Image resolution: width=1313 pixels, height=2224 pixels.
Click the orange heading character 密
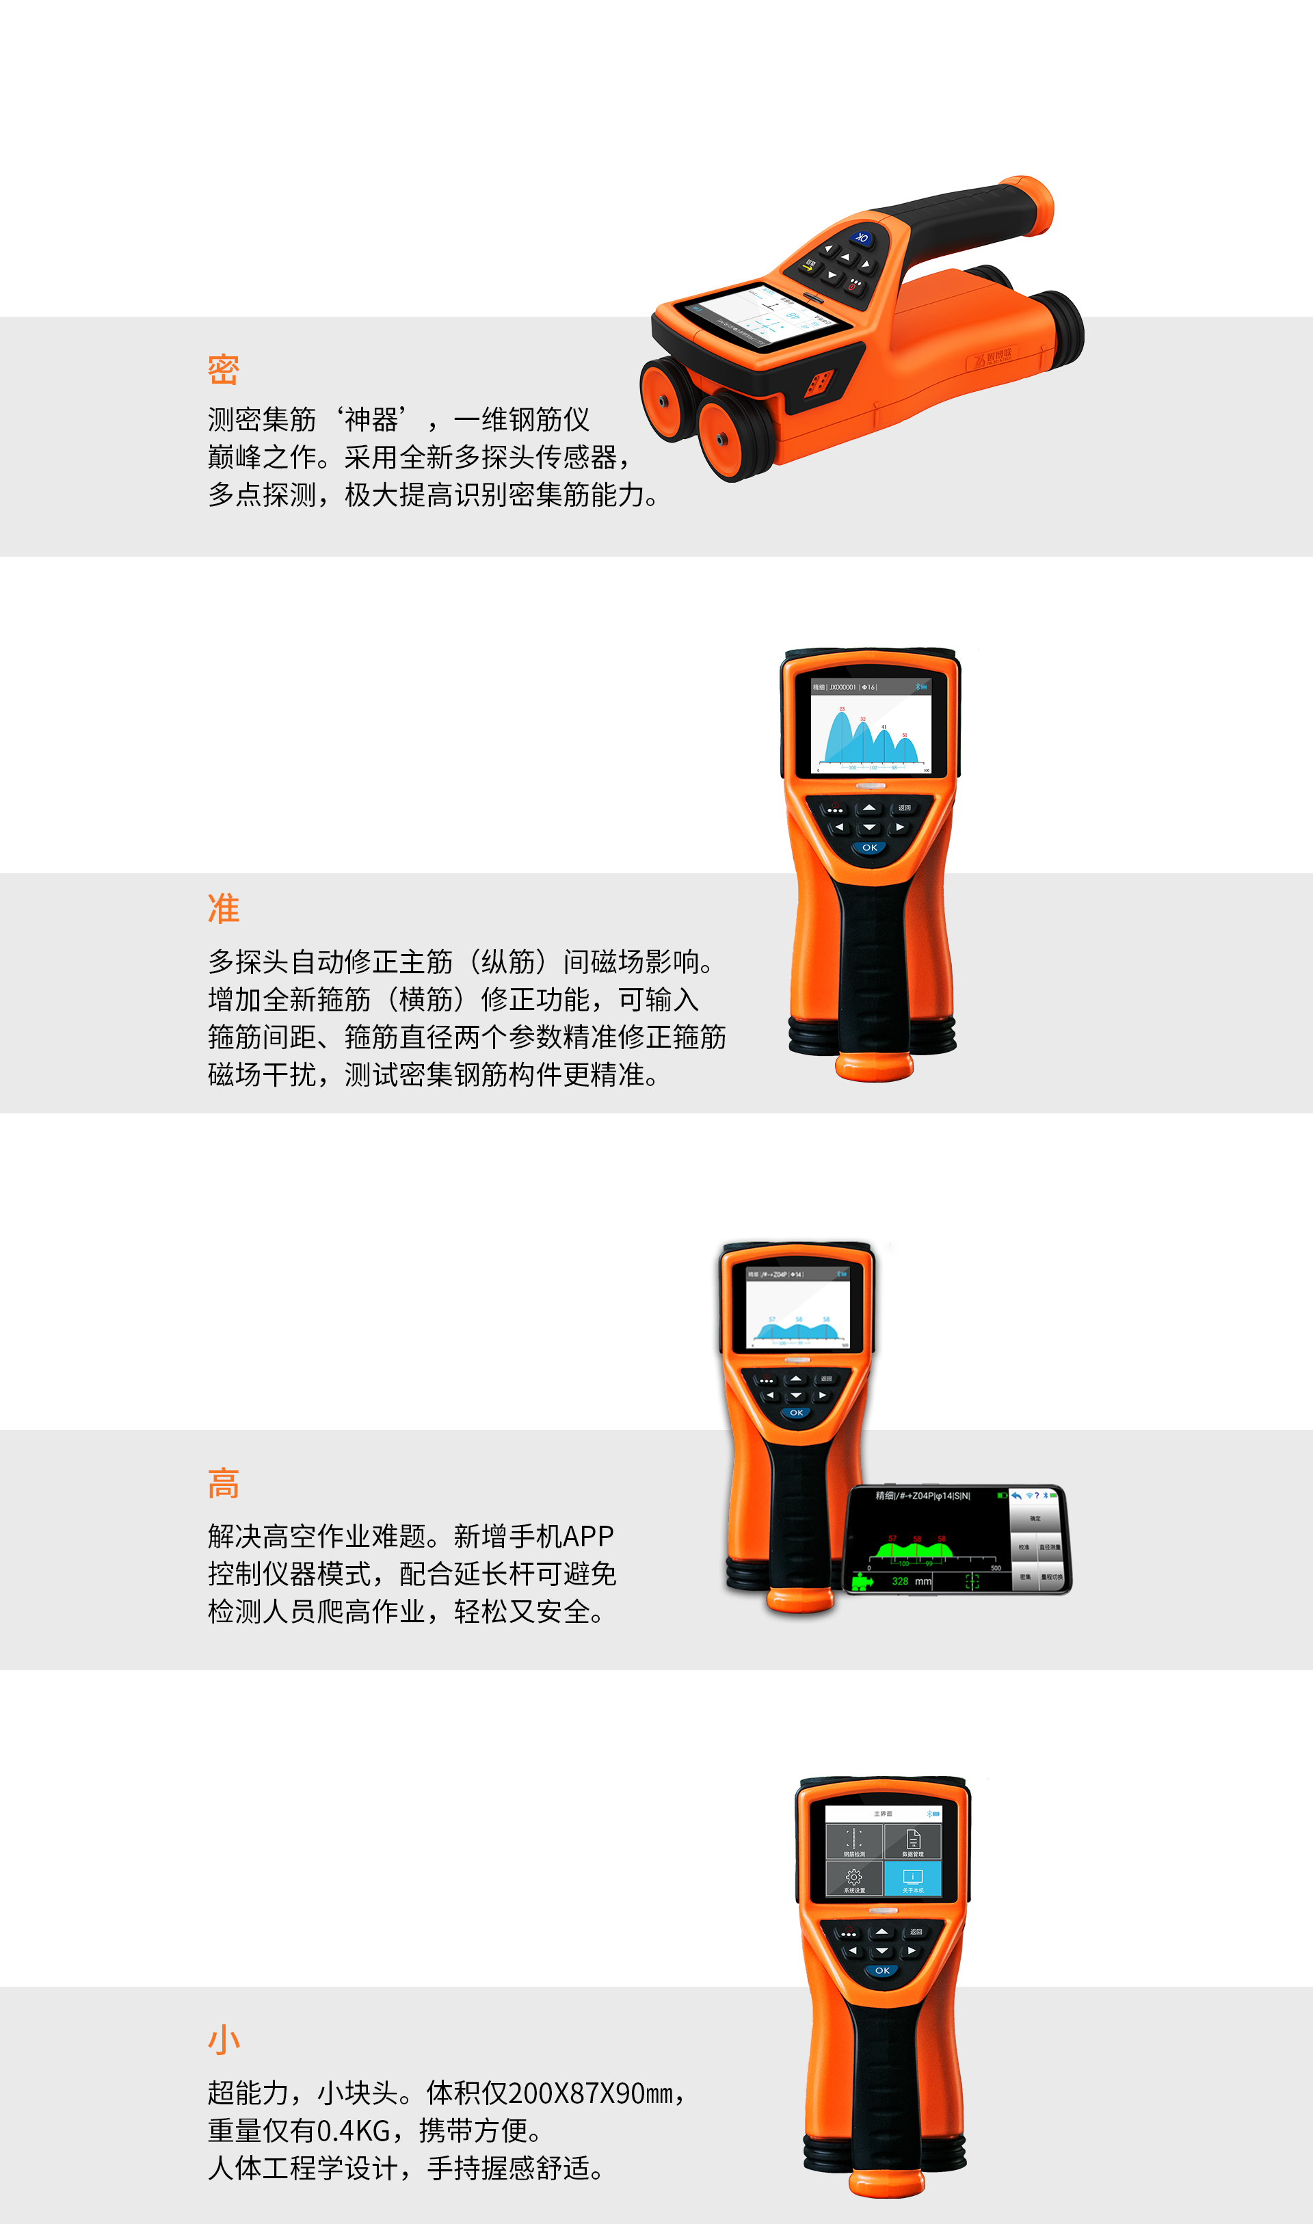coord(223,369)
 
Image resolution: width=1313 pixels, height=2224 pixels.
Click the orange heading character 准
coord(223,908)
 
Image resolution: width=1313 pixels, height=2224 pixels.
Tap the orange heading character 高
coord(223,1483)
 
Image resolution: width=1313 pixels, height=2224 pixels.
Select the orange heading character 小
coord(223,2040)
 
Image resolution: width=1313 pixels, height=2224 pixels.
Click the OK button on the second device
coord(870,847)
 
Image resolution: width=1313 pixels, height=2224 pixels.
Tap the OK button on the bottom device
coord(882,1970)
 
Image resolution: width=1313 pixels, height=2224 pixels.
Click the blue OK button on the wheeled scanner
coord(862,238)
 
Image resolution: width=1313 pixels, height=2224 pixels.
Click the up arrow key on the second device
coord(870,808)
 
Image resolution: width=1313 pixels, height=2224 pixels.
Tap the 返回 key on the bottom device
coord(916,1931)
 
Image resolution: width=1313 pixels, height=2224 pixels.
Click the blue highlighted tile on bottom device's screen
coord(912,1878)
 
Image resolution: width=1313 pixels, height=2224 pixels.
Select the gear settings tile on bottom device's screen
coord(854,1878)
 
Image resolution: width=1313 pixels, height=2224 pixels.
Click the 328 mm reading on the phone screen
coord(910,1581)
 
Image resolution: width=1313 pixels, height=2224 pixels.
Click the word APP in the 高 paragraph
coord(587,1536)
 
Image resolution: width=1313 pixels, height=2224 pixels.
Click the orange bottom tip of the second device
coord(874,1067)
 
